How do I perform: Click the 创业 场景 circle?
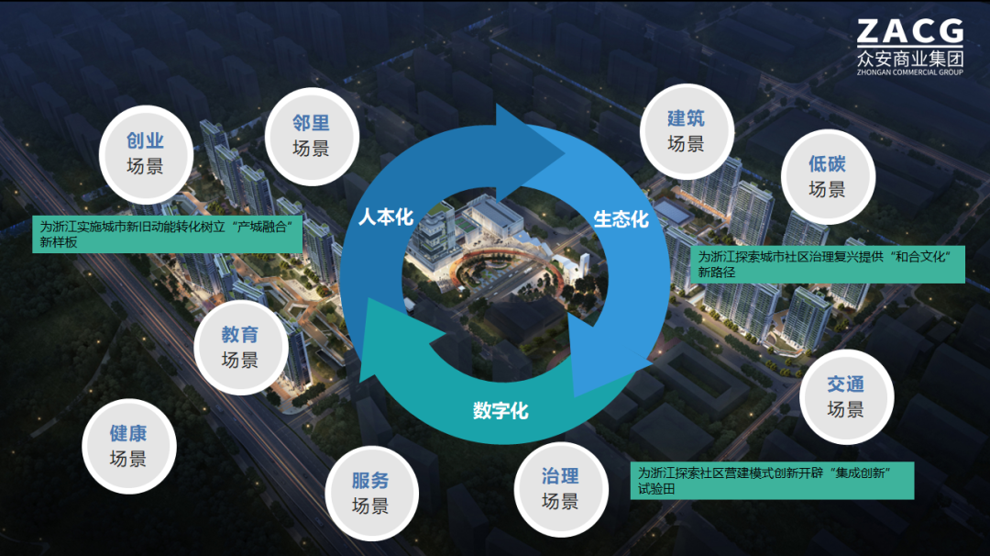coord(146,152)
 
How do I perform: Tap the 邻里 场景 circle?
coord(311,136)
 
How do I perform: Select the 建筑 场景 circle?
coord(686,130)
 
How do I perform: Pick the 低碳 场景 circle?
coord(827,176)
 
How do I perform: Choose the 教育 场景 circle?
coord(239,348)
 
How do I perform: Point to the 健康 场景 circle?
coord(127,446)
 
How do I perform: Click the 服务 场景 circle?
coord(370,493)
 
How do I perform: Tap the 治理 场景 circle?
coord(559,488)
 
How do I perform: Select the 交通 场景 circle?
coord(845,396)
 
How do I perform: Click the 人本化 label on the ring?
coord(386,217)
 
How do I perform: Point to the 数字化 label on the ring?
coord(500,410)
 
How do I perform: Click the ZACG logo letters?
coord(909,32)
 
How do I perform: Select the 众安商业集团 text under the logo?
coord(909,58)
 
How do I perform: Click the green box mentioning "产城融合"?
coord(169,233)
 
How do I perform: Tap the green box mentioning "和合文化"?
coord(828,263)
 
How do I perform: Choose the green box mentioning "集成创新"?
coord(774,480)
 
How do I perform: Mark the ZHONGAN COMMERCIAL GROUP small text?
coord(909,72)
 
